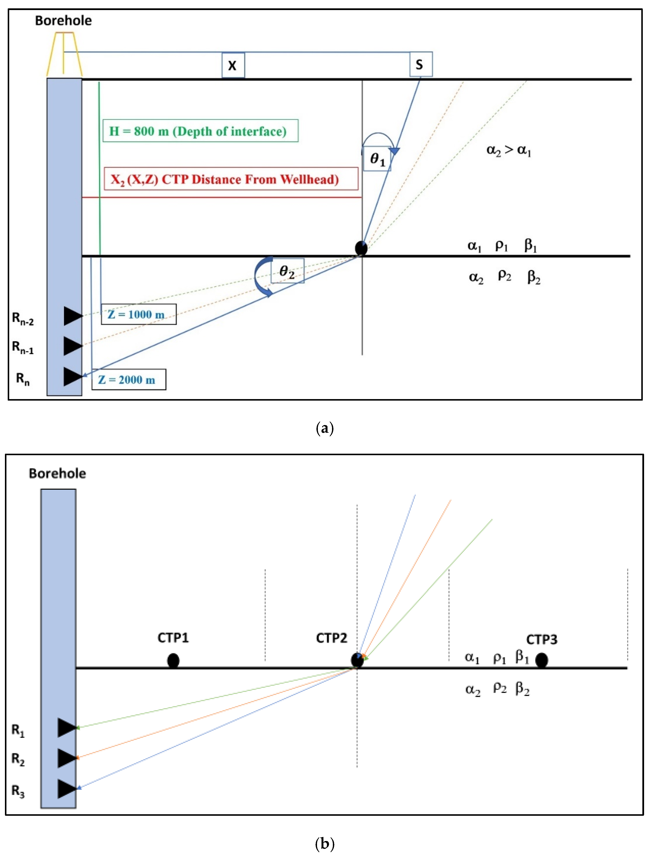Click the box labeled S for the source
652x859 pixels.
421,64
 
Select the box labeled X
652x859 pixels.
233,65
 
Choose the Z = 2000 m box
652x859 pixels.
129,379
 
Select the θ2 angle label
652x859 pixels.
287,271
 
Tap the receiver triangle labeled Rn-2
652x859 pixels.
72,316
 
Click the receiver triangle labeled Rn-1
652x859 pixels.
72,346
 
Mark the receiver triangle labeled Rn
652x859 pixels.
72,376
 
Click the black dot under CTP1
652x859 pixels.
173,660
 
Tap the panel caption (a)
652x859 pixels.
325,428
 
